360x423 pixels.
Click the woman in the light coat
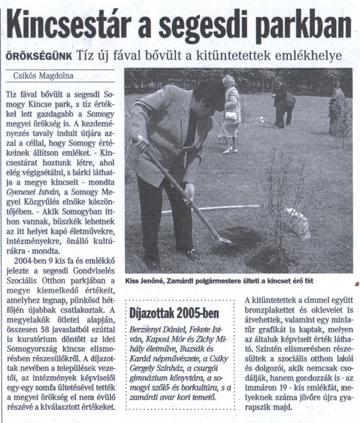point(231,113)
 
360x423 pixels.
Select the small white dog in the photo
point(261,119)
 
